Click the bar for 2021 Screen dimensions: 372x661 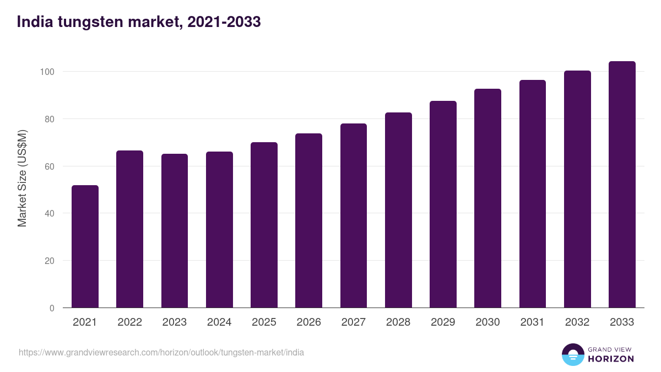pos(85,246)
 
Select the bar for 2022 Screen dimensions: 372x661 pos(129,229)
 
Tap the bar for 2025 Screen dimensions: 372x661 pos(264,225)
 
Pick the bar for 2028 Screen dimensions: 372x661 pos(398,210)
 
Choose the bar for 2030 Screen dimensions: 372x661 pos(487,198)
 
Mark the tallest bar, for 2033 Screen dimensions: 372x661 pos(622,185)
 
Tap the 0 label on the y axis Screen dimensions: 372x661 pos(52,308)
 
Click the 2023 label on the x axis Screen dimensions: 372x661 pos(174,322)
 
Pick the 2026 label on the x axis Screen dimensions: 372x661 pos(308,322)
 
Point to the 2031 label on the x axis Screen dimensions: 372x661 pos(532,322)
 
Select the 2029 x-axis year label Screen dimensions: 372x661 pos(443,322)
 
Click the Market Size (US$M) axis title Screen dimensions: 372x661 pos(22,177)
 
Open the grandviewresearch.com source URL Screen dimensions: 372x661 pos(161,352)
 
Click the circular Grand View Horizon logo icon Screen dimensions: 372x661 pos(572,354)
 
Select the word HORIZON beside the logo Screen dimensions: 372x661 pos(611,359)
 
